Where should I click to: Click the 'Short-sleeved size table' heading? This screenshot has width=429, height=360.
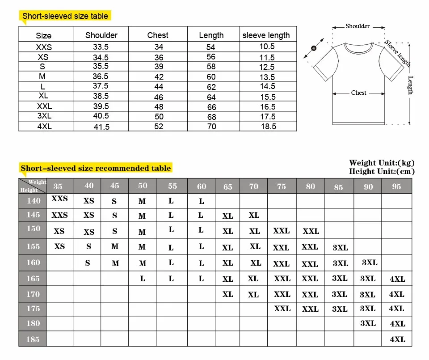[65, 16]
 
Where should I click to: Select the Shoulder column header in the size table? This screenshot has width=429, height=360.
[101, 35]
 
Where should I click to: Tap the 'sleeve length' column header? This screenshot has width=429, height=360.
[266, 35]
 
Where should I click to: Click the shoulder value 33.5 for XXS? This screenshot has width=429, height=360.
[101, 47]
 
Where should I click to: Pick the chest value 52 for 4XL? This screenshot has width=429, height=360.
[159, 127]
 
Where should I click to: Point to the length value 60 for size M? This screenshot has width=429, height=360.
[211, 77]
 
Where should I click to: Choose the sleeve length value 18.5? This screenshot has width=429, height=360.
[268, 127]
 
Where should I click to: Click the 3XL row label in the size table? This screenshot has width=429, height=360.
[44, 116]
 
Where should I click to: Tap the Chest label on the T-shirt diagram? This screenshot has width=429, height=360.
[358, 93]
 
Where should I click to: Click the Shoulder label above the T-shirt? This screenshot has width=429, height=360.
[357, 26]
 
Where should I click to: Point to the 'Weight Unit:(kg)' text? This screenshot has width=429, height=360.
[382, 163]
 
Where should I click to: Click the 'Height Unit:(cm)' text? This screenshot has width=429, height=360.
[382, 171]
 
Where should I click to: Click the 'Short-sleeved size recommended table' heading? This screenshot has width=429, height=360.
[96, 169]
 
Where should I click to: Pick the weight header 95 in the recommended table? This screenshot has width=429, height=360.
[396, 186]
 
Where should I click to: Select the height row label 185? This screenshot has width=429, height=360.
[33, 339]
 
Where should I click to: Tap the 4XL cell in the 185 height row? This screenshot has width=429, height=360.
[397, 339]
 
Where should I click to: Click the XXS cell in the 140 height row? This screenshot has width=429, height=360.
[59, 199]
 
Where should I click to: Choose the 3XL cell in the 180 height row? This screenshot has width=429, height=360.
[368, 323]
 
